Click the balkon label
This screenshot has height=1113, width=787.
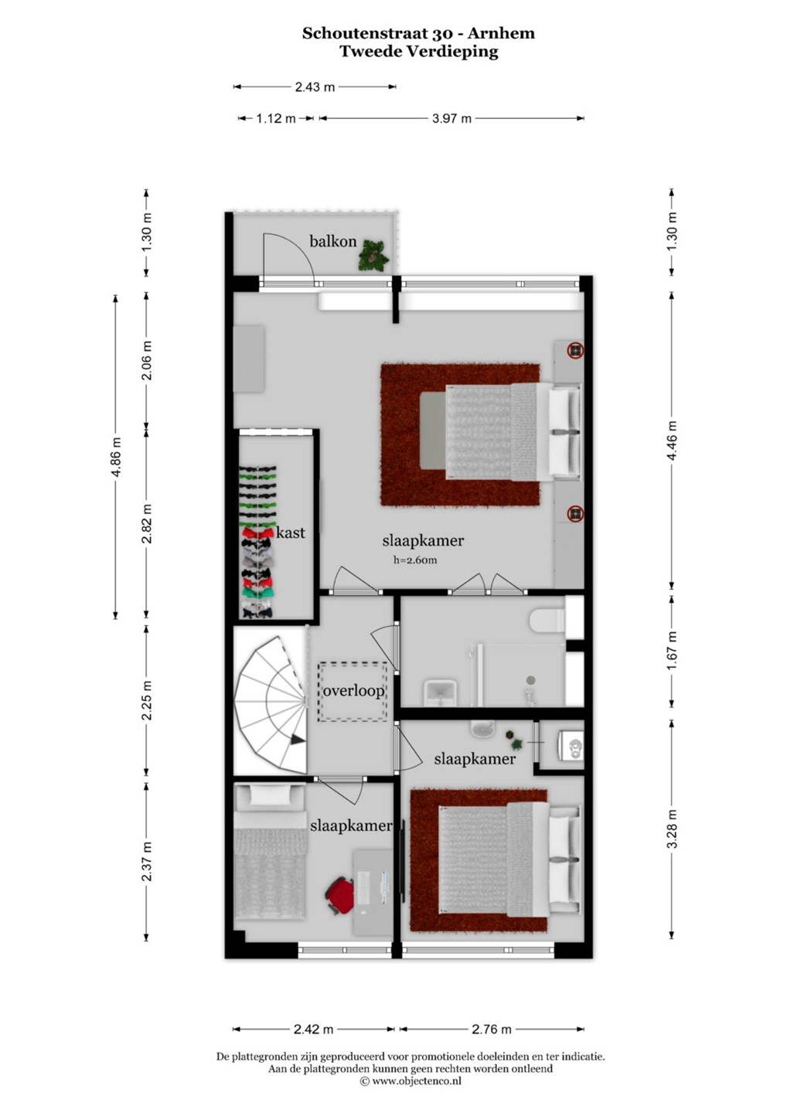pyautogui.click(x=333, y=241)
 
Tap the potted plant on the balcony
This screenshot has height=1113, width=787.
pyautogui.click(x=373, y=255)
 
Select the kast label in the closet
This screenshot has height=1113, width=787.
pyautogui.click(x=291, y=533)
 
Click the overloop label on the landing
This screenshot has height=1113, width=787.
pyautogui.click(x=353, y=691)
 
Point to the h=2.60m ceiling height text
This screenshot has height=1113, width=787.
pyautogui.click(x=415, y=560)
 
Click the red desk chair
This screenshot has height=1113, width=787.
pyautogui.click(x=340, y=894)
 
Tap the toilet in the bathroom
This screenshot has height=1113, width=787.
pyautogui.click(x=547, y=621)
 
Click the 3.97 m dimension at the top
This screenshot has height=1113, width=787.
pyautogui.click(x=451, y=118)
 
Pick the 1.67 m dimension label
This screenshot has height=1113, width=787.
pyautogui.click(x=672, y=650)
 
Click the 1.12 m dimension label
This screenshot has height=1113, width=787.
pyautogui.click(x=276, y=118)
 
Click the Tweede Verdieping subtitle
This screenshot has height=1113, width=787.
pyautogui.click(x=418, y=52)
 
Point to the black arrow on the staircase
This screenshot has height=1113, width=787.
pyautogui.click(x=297, y=740)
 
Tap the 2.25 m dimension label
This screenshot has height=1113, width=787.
pyautogui.click(x=147, y=700)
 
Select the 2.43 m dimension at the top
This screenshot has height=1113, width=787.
pyautogui.click(x=315, y=87)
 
